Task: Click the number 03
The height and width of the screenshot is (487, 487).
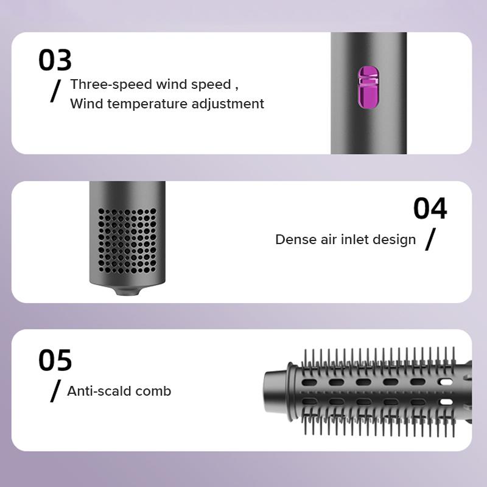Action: (55, 60)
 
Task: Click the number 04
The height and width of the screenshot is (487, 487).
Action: (430, 209)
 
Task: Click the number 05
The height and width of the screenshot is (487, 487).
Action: (55, 360)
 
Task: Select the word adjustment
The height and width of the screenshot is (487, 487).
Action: (228, 104)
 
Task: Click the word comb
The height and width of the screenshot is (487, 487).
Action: (155, 391)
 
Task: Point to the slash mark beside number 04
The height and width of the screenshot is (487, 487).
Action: (430, 239)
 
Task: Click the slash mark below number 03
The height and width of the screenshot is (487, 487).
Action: (56, 91)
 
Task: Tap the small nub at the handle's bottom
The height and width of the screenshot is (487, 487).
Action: (127, 292)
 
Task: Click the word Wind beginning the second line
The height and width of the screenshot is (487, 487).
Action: (86, 103)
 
